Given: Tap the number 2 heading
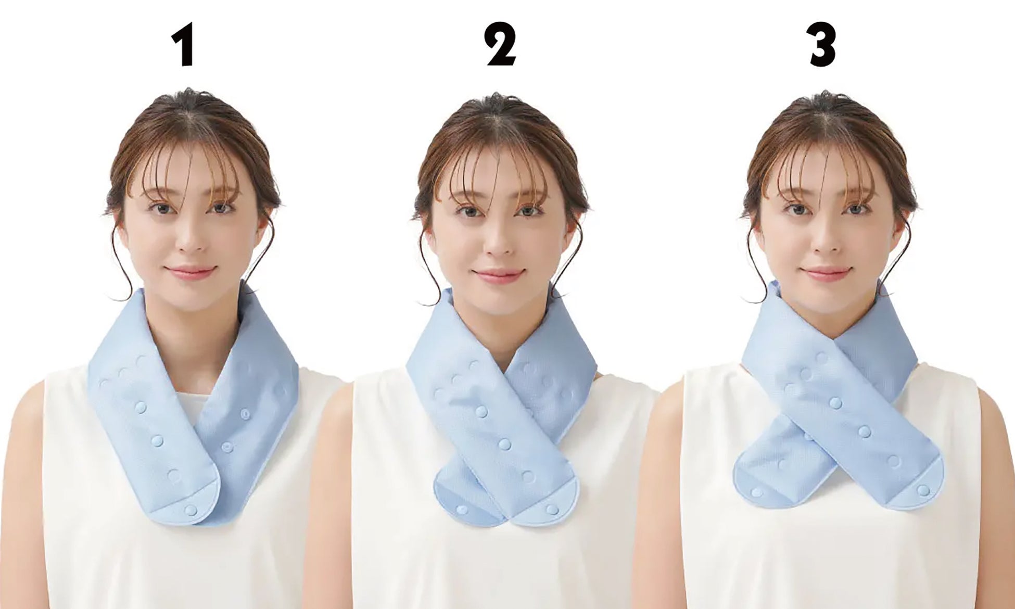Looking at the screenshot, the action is point(502,46).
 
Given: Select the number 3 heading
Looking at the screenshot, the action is point(822,46).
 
